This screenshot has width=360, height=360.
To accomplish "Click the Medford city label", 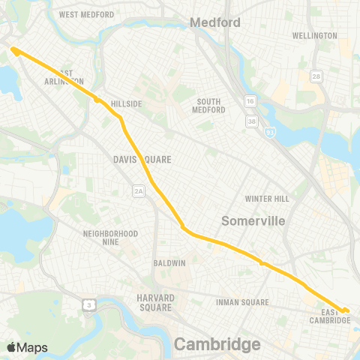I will click(215, 22).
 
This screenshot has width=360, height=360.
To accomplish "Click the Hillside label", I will click(126, 103).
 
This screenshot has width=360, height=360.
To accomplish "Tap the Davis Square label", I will click(142, 160).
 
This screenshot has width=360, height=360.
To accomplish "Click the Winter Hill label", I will click(266, 199).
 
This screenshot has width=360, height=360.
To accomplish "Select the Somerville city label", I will click(253, 221).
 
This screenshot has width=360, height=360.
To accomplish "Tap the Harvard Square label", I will click(155, 302).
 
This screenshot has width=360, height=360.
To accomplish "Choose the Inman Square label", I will click(242, 302).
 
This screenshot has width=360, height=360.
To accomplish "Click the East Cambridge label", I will click(330, 316).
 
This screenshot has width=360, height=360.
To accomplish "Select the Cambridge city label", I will click(217, 343).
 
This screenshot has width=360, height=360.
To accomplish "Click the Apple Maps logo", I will click(28, 347).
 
